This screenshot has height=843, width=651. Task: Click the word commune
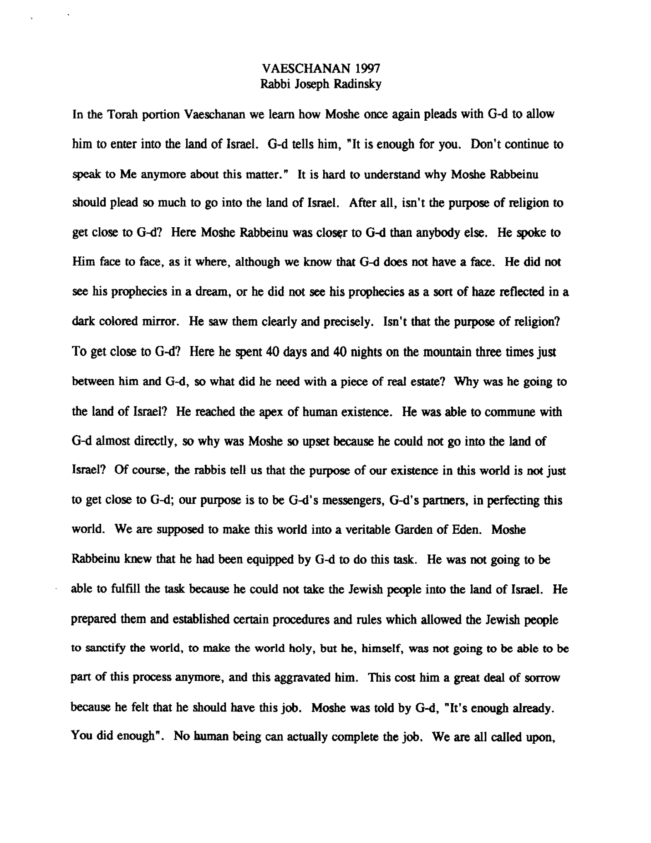point(511,411)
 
